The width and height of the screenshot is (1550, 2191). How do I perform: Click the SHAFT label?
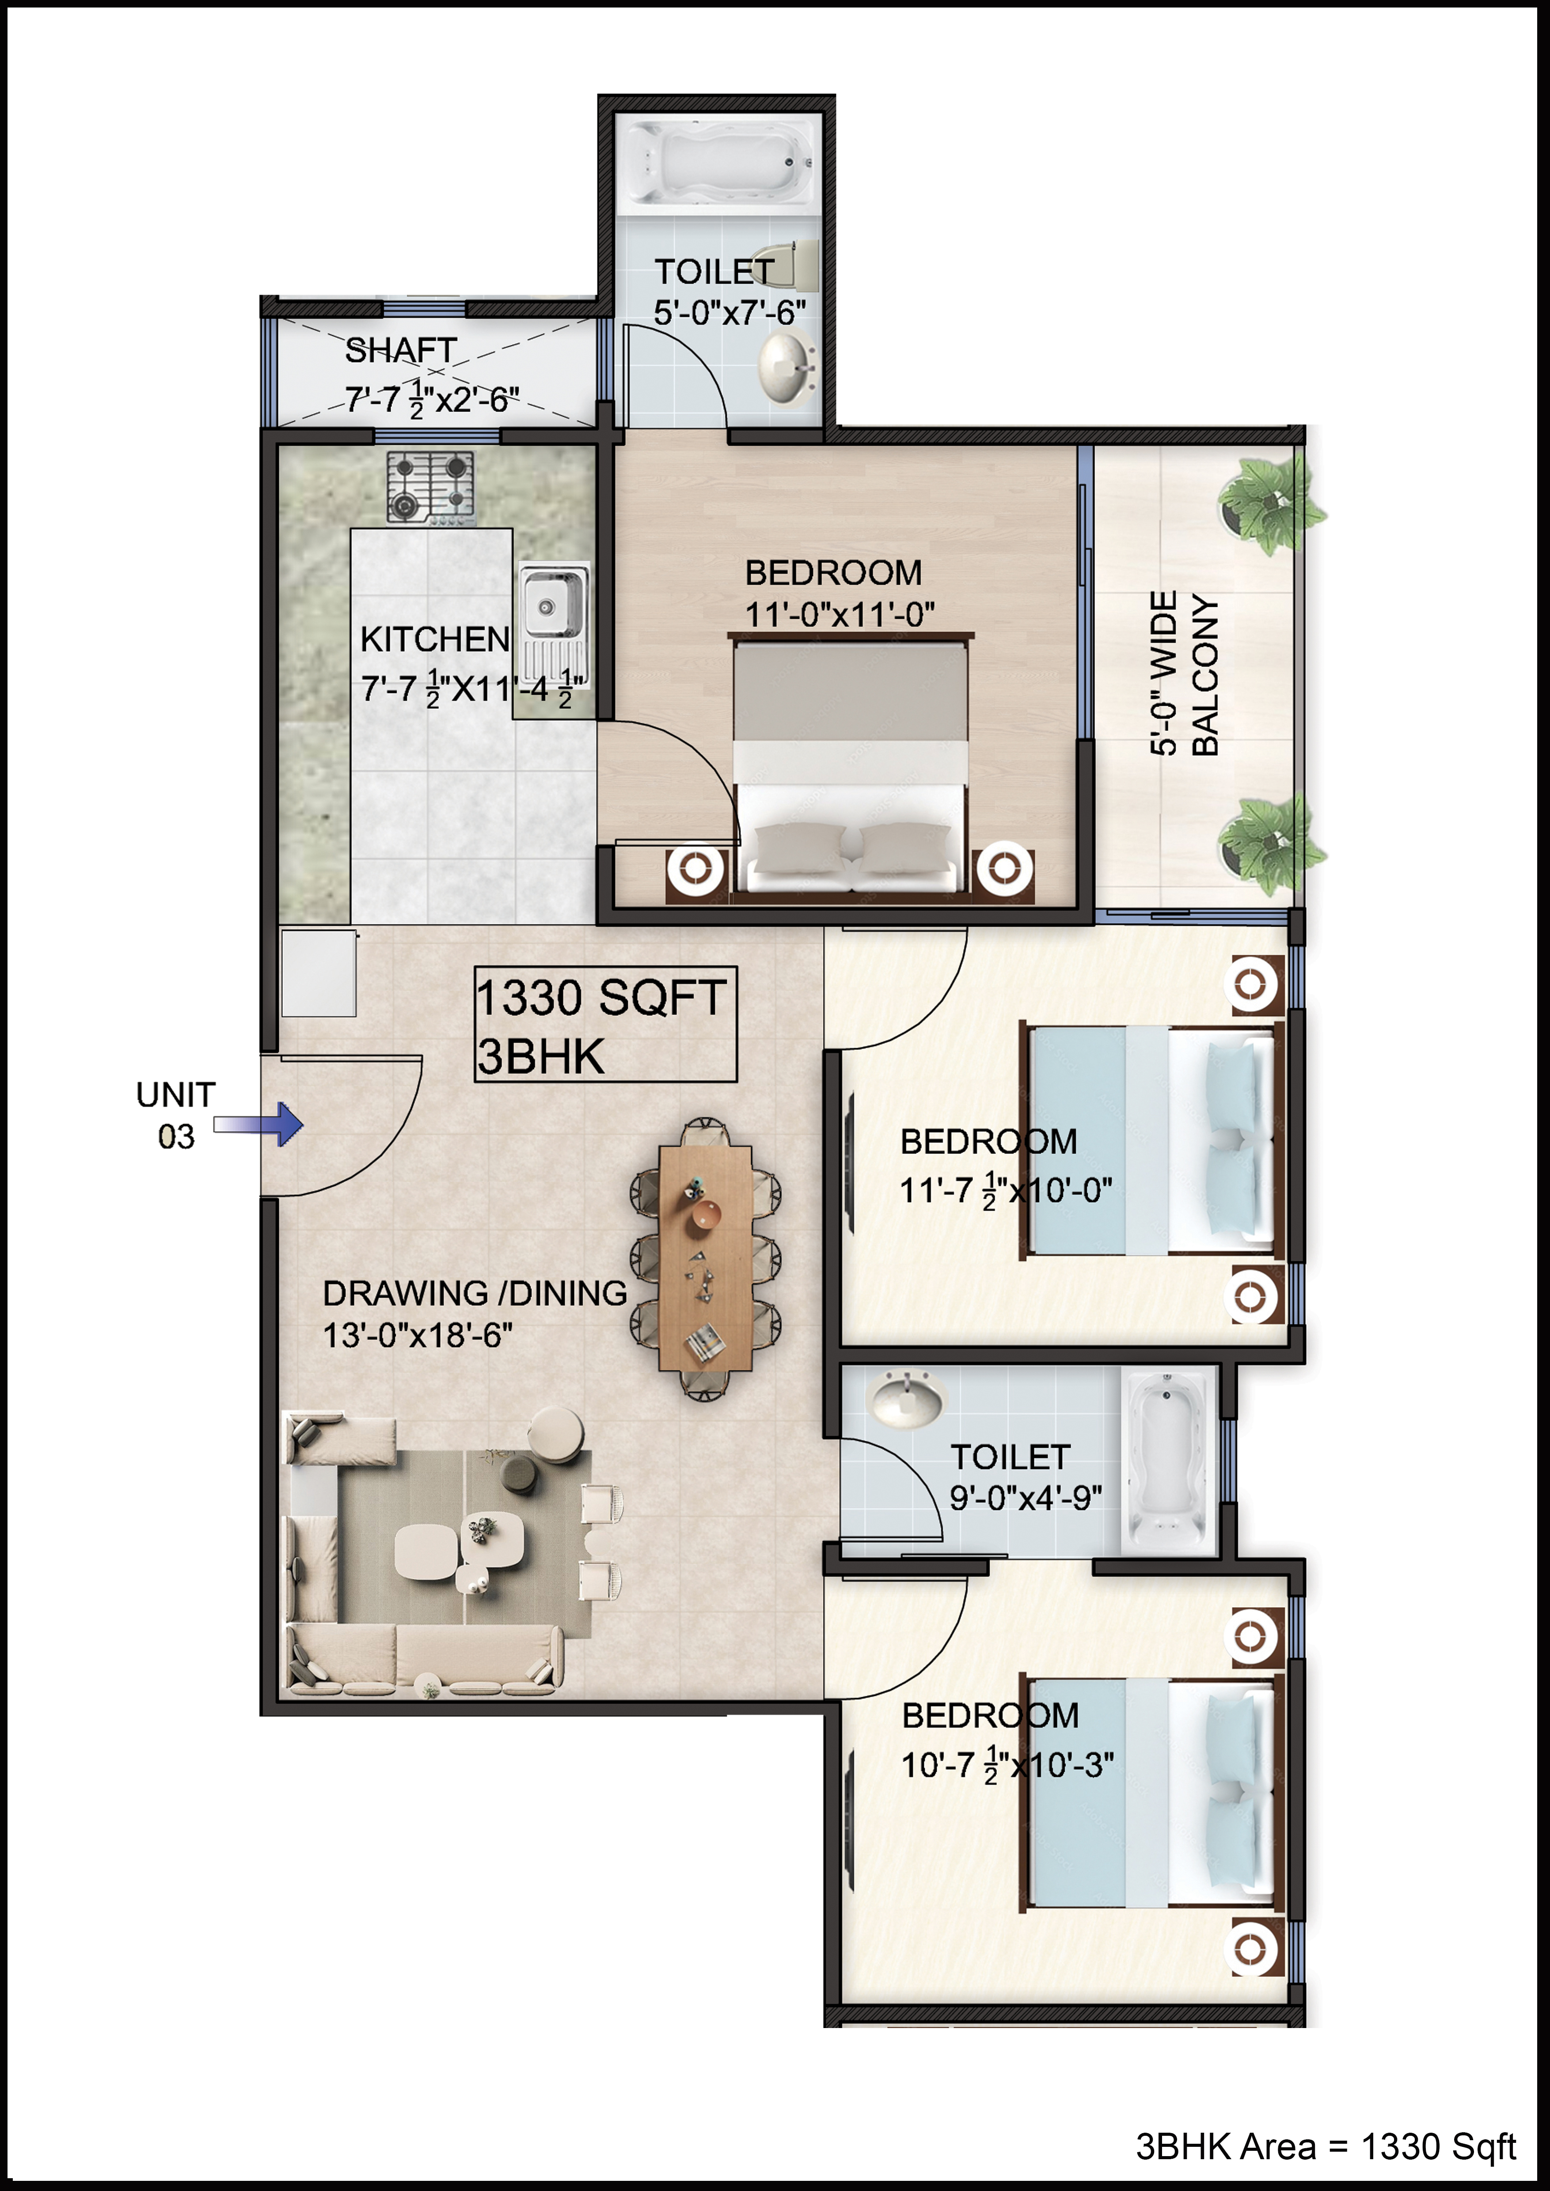[x=401, y=350]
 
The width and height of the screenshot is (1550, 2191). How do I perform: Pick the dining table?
[x=705, y=1258]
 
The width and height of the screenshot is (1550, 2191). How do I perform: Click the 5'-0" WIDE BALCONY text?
[x=1185, y=674]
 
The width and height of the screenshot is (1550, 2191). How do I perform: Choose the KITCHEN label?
[x=435, y=640]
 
